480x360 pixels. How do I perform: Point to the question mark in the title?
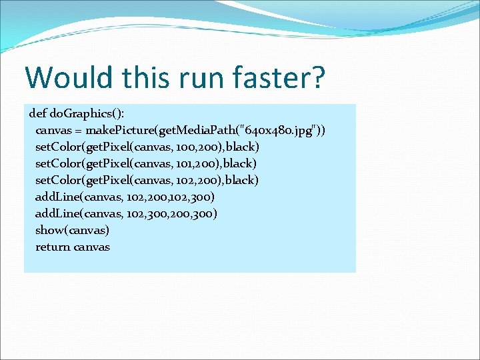[317, 77]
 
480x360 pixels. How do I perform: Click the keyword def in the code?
[38, 111]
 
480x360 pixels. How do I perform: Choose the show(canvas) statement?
[72, 230]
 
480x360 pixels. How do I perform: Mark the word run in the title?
[203, 77]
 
